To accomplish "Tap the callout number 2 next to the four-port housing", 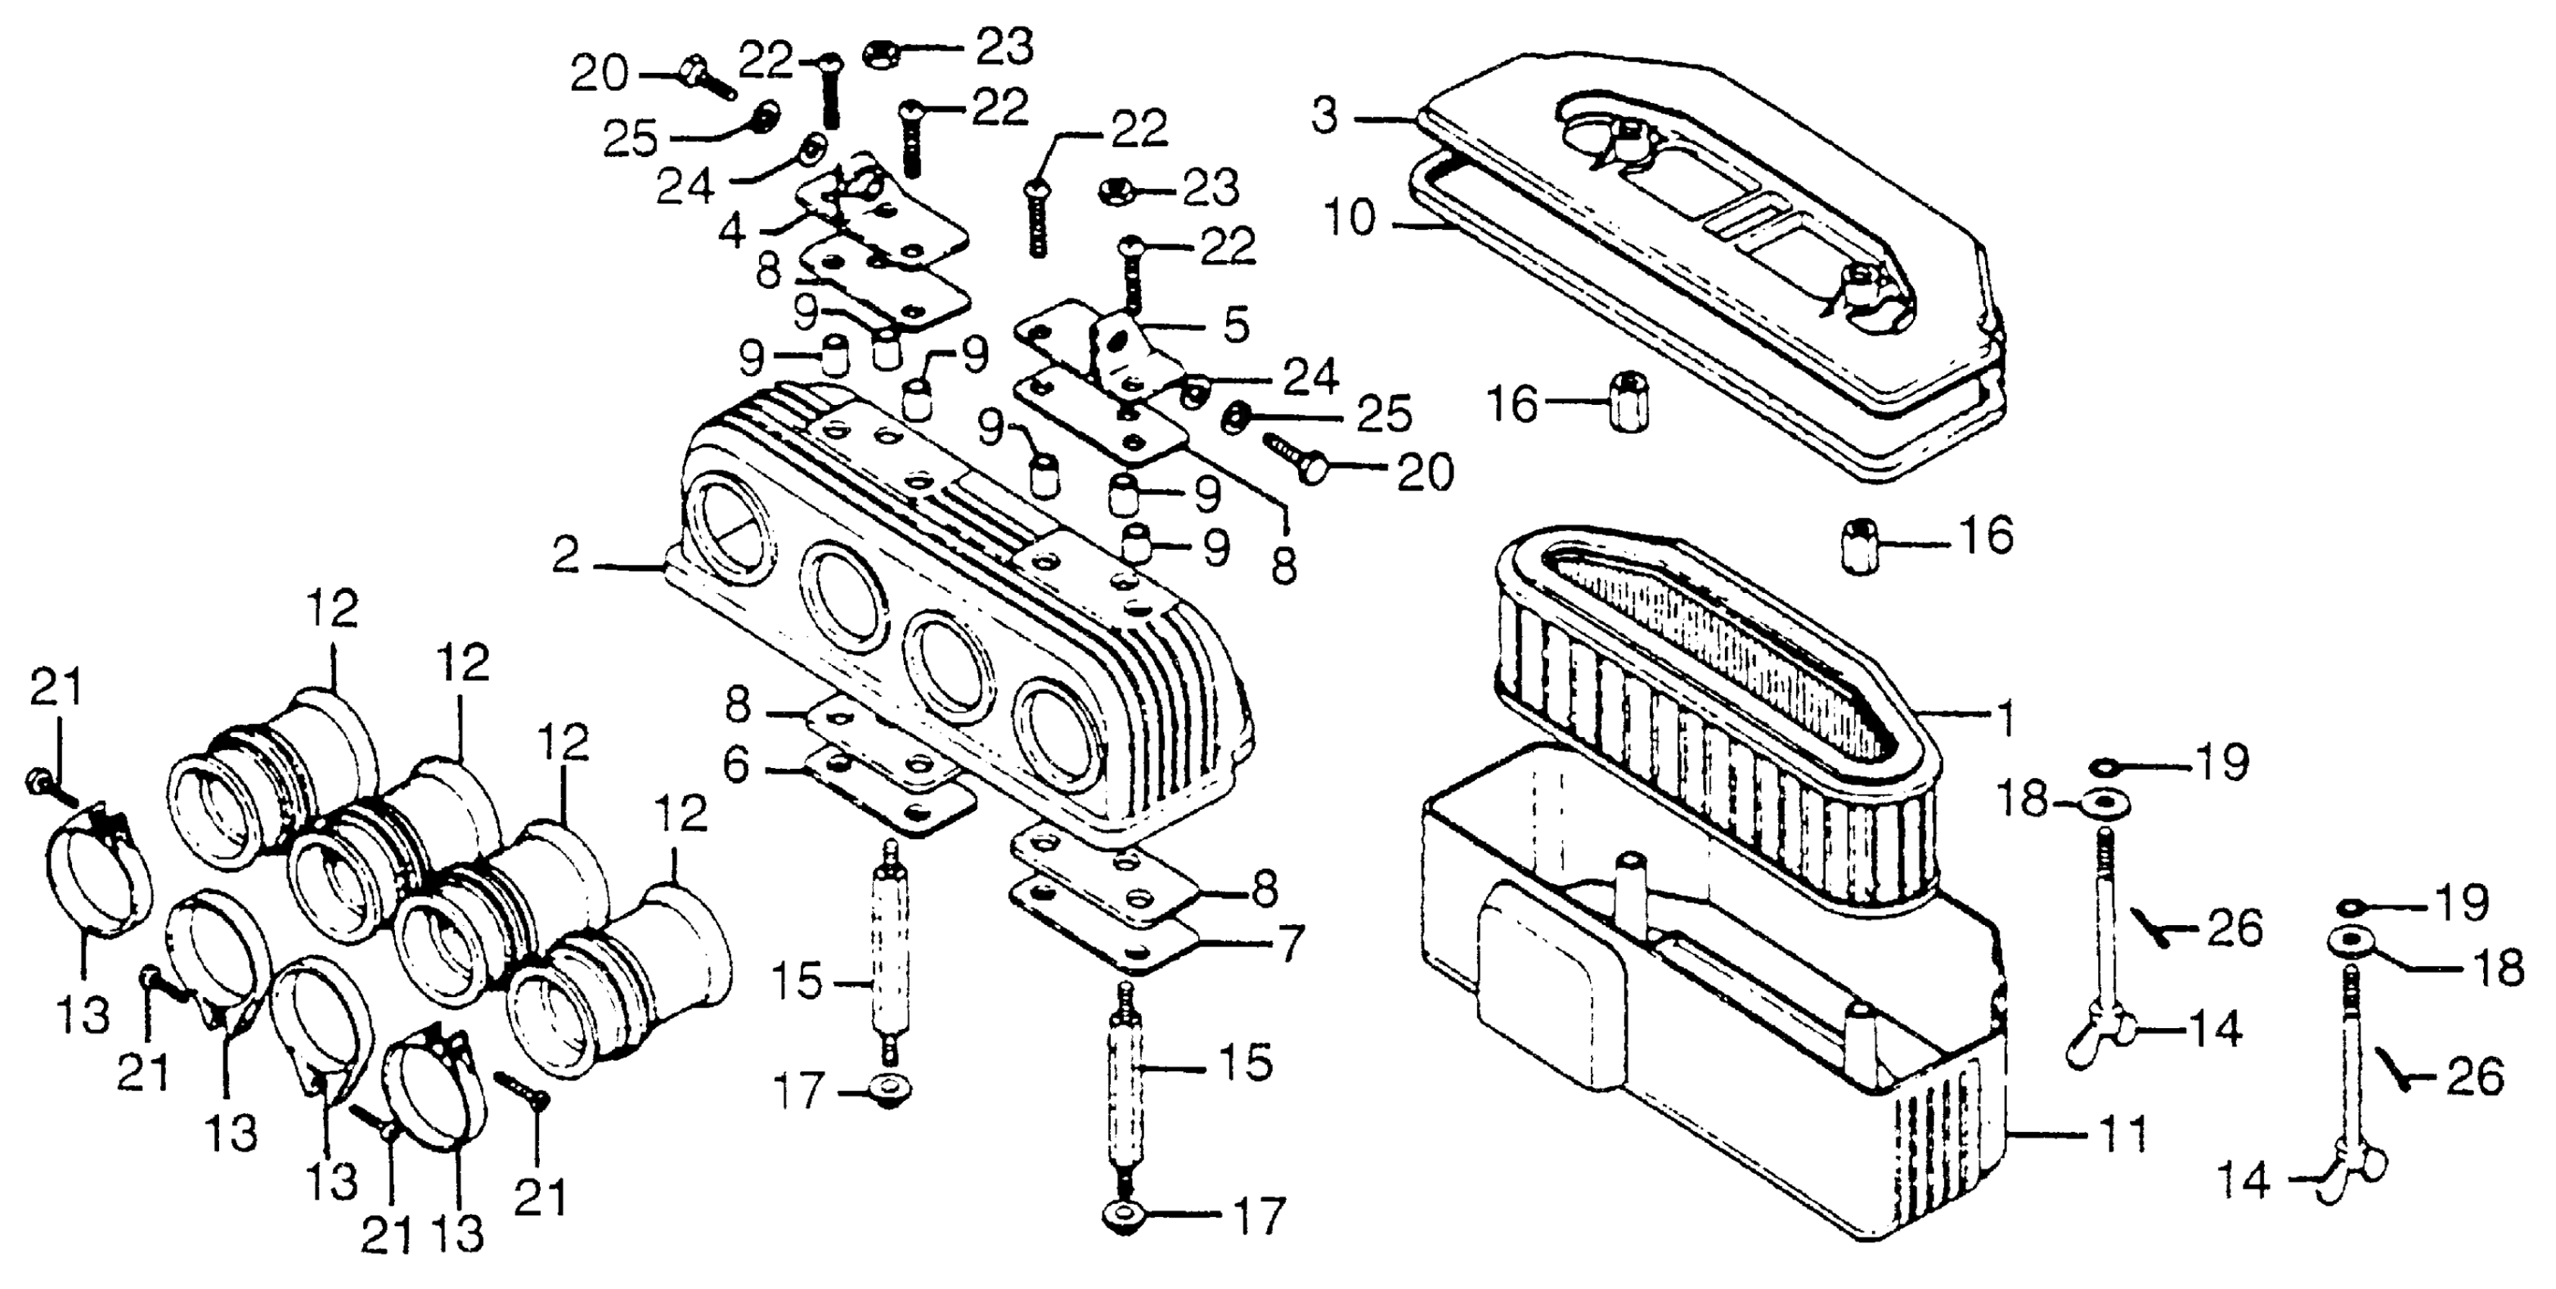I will [x=566, y=557].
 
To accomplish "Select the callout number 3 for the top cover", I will [x=1325, y=116].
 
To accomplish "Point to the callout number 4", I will [x=732, y=231].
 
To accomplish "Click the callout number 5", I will [x=1235, y=325].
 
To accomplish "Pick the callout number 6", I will [x=736, y=766].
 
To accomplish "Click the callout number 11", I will [x=2121, y=1134].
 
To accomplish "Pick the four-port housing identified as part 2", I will [x=952, y=615].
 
